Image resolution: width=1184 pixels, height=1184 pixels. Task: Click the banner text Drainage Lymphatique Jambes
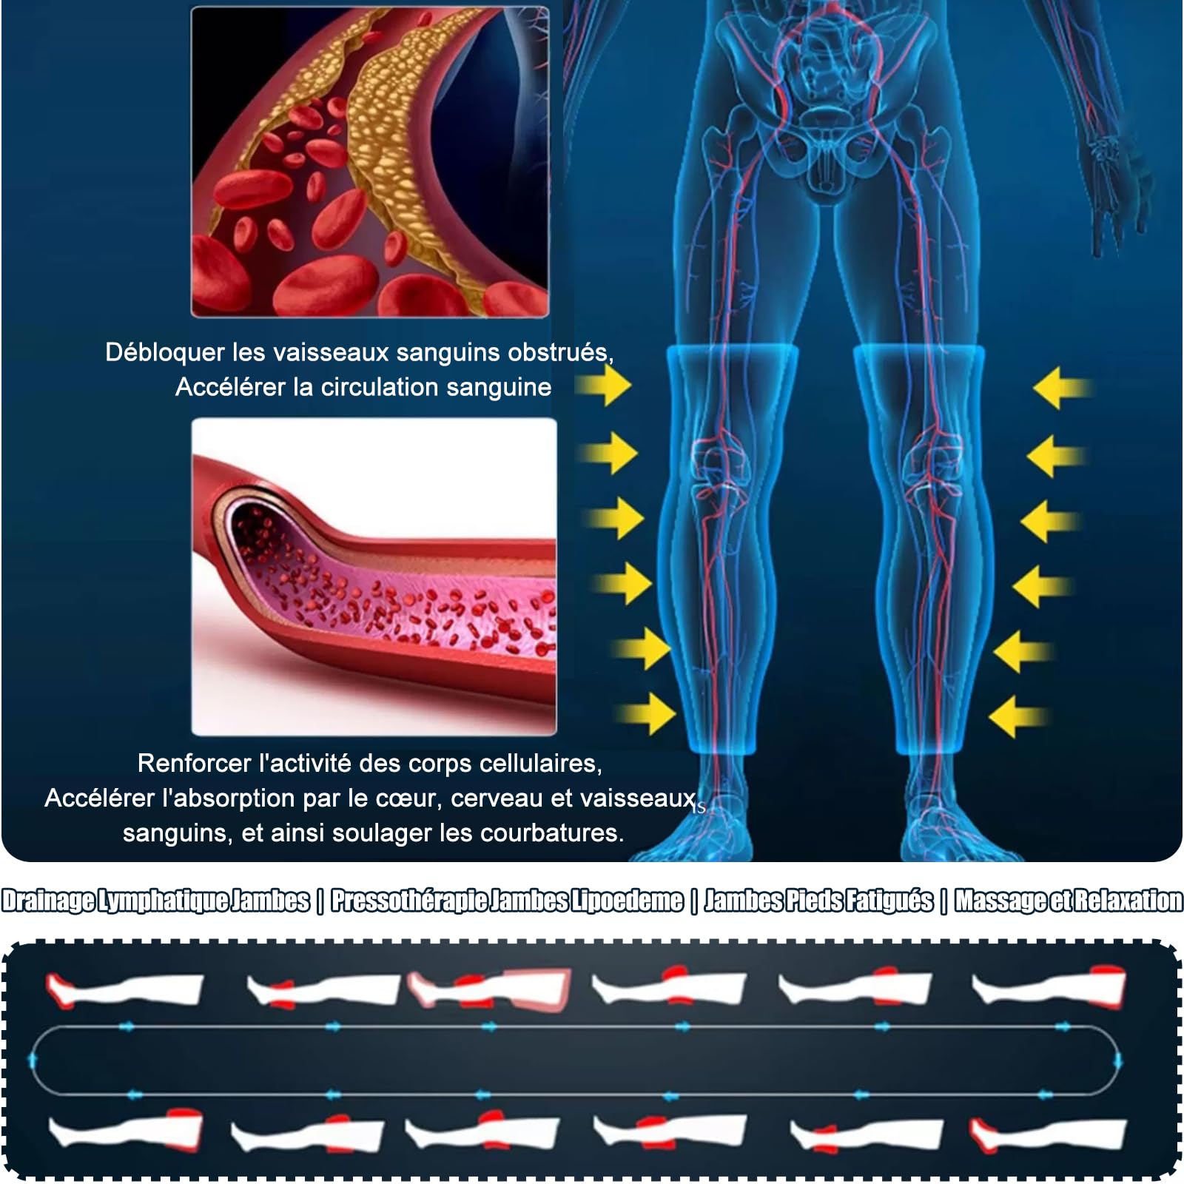tap(155, 901)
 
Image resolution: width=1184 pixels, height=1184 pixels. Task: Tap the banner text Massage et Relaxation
tap(1069, 901)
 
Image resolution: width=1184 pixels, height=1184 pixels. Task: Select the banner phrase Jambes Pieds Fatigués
tap(818, 901)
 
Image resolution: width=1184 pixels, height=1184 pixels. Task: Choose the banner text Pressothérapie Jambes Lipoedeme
tap(507, 901)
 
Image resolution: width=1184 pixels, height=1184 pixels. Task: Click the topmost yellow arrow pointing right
tap(603, 386)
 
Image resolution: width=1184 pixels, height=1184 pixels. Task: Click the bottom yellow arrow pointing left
tap(1018, 716)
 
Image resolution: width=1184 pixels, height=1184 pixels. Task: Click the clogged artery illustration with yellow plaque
tap(370, 162)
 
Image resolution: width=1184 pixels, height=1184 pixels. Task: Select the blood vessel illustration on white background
tap(374, 577)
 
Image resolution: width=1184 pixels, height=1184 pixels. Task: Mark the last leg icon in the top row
tap(1049, 988)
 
